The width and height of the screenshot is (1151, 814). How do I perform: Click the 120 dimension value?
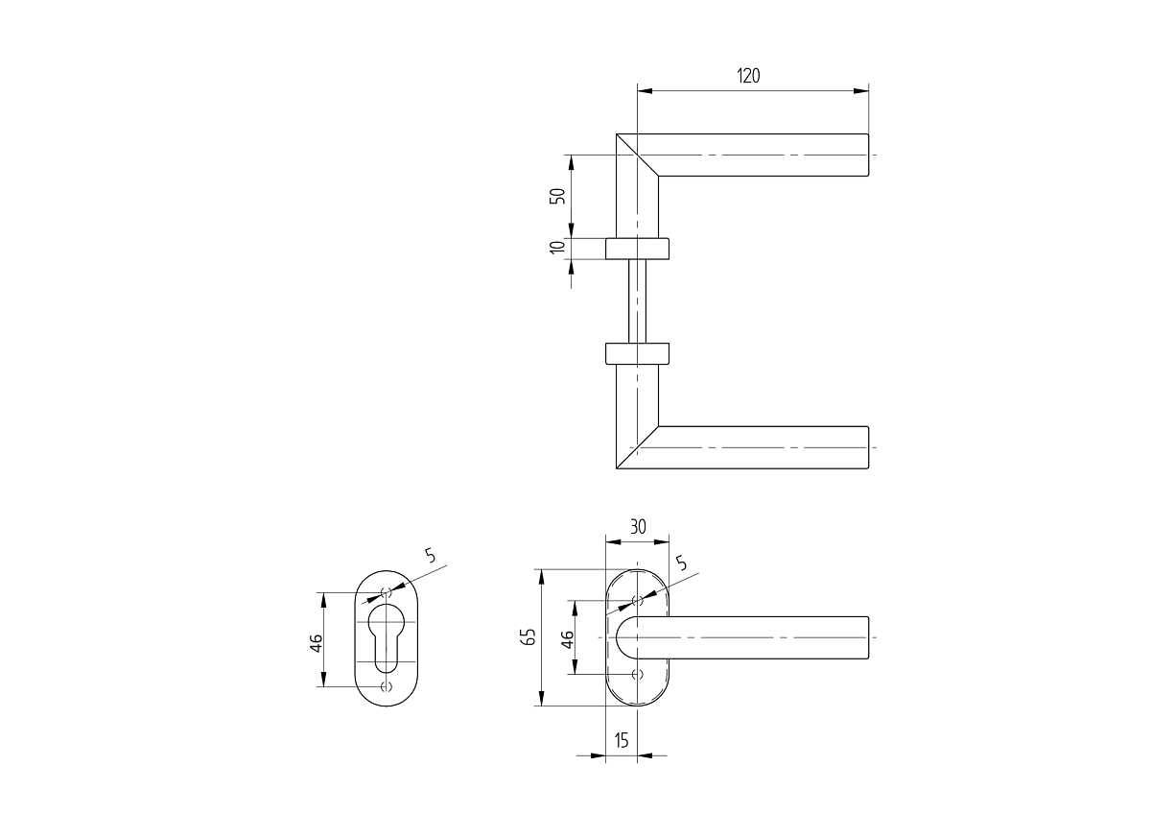pyautogui.click(x=748, y=76)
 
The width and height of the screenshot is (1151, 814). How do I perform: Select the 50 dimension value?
pyautogui.click(x=557, y=196)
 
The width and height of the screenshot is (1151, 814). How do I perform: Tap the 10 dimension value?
pyautogui.click(x=557, y=247)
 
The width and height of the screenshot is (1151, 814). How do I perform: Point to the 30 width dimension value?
pyautogui.click(x=638, y=527)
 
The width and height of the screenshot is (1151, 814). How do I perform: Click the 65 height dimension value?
pyautogui.click(x=529, y=636)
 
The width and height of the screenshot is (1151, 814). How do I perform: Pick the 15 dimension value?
pyautogui.click(x=622, y=741)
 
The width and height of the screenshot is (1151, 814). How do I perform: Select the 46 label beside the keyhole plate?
pyautogui.click(x=316, y=643)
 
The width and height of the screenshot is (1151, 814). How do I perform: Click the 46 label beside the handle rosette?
pyautogui.click(x=567, y=640)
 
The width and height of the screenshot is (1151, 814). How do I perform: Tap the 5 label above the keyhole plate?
pyautogui.click(x=430, y=556)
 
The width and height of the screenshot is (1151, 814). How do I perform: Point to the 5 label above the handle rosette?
pyautogui.click(x=681, y=563)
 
